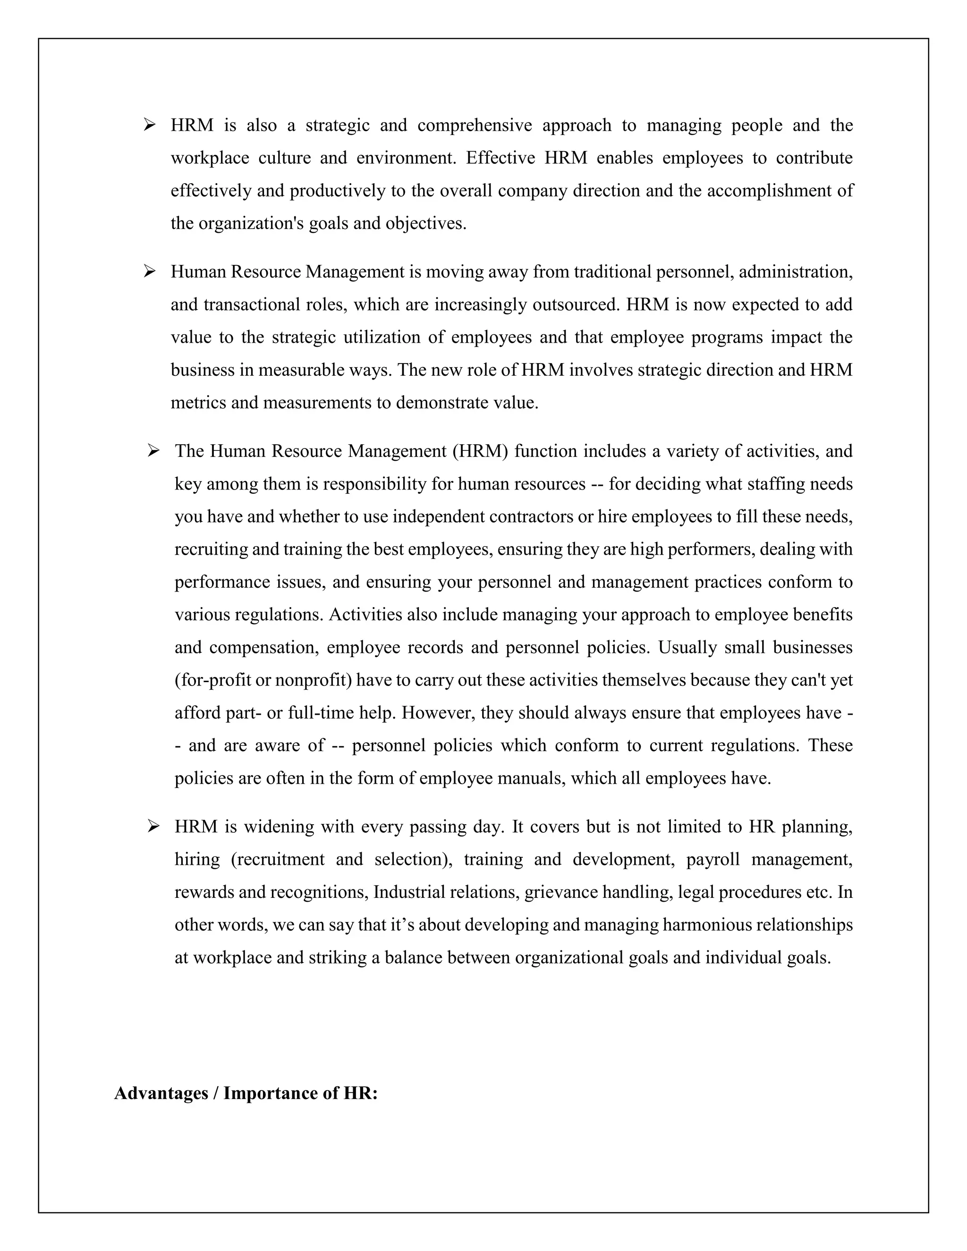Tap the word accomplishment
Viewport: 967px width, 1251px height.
click(776, 191)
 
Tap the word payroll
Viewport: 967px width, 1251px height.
click(712, 860)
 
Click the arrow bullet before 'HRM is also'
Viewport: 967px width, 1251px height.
click(150, 124)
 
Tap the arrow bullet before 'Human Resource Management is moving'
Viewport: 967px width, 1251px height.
click(150, 271)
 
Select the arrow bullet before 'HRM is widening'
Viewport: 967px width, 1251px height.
click(153, 826)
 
